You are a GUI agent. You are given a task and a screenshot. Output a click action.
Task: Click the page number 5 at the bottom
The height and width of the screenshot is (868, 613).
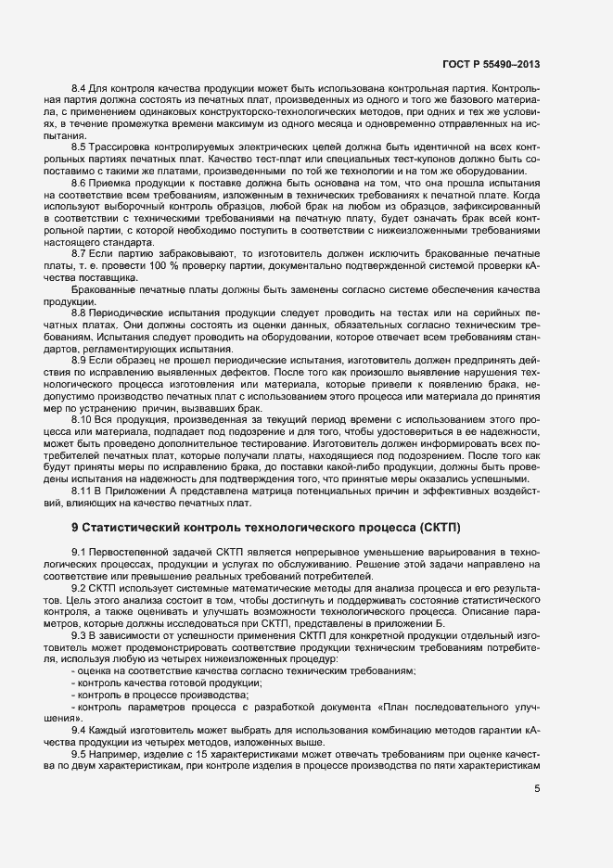pyautogui.click(x=538, y=790)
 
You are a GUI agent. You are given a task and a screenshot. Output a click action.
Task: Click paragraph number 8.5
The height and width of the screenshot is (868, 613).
pyautogui.click(x=78, y=147)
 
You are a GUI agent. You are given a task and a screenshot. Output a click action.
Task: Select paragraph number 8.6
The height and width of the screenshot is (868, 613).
pyautogui.click(x=78, y=182)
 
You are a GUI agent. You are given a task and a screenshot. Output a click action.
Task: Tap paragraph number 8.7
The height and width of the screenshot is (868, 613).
pyautogui.click(x=78, y=252)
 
